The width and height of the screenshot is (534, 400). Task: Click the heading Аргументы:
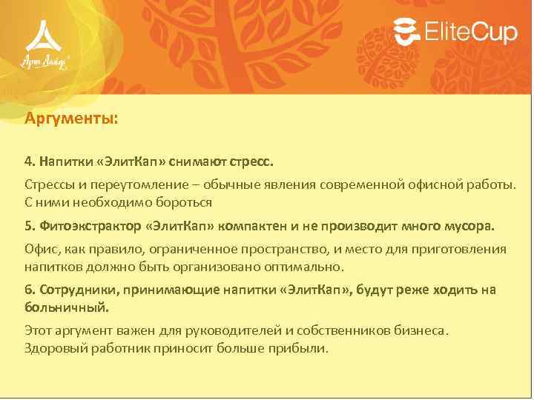coord(71,118)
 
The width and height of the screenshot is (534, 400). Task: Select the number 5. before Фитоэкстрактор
coord(30,225)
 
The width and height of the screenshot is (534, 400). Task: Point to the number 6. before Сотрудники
coord(30,290)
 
